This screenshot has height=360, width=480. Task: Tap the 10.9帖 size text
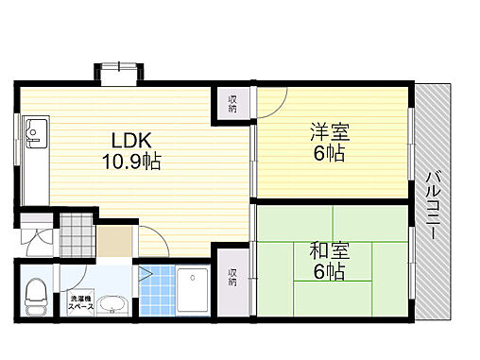click(x=130, y=161)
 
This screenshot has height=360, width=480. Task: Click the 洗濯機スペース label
click(x=80, y=305)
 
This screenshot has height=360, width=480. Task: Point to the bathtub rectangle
click(x=197, y=292)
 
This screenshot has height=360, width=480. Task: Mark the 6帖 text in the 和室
click(x=327, y=272)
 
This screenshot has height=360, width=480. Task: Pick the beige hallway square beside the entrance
click(x=116, y=241)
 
